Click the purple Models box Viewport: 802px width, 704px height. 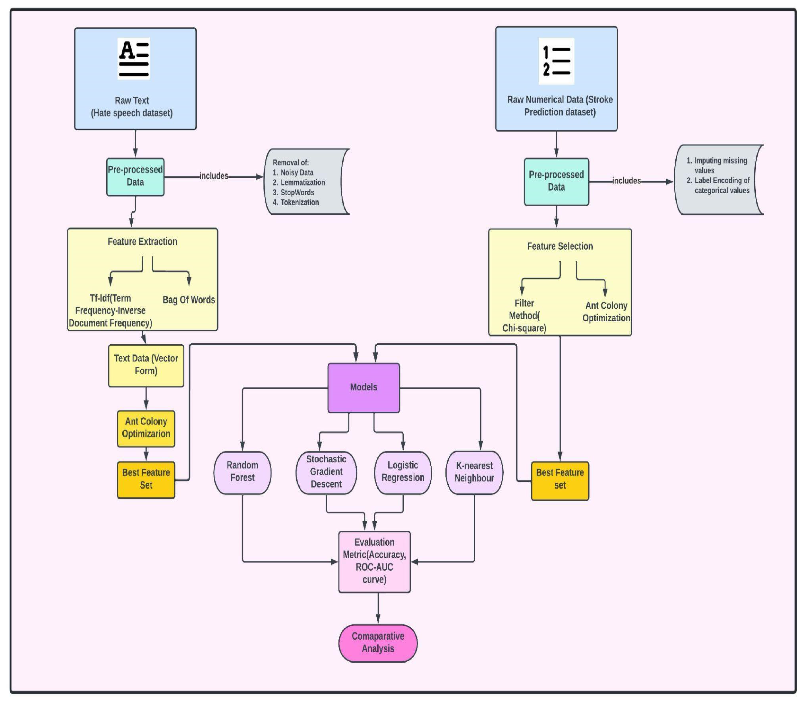tap(363, 387)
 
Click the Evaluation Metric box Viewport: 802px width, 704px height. tap(374, 561)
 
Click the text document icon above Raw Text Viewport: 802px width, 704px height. tap(133, 59)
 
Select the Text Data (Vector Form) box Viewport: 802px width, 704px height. tap(146, 365)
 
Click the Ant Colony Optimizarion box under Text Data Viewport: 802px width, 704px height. tap(146, 428)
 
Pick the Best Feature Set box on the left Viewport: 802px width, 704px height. tap(146, 479)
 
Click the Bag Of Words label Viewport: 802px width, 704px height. tap(189, 300)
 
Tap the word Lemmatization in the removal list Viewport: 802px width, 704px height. tap(303, 183)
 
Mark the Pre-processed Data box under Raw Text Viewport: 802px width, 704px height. tap(135, 176)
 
